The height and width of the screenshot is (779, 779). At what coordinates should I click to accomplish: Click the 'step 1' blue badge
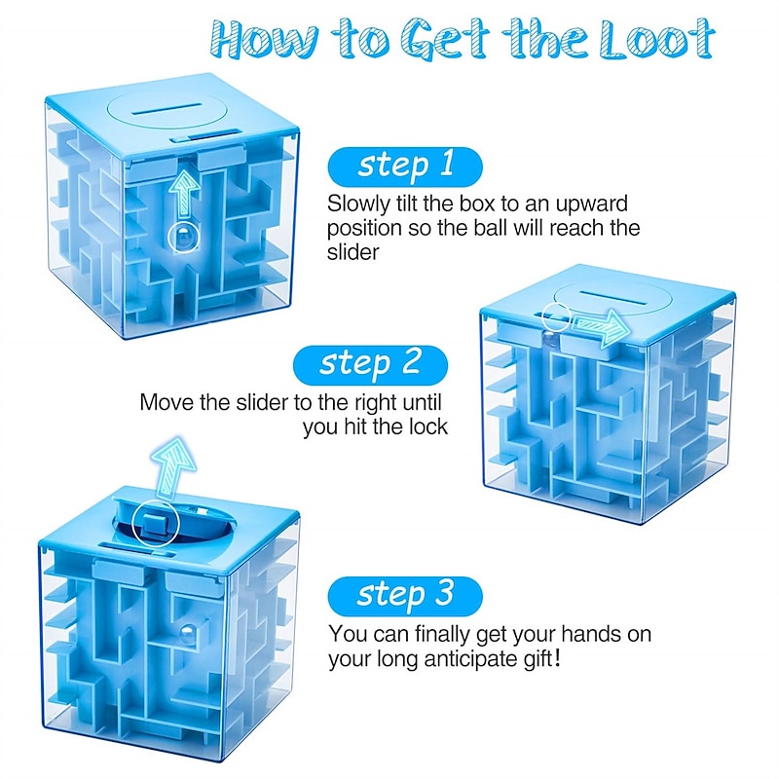point(405,167)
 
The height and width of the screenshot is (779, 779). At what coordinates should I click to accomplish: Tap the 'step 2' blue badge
point(370,365)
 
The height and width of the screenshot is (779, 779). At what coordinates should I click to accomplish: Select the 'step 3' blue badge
point(405,596)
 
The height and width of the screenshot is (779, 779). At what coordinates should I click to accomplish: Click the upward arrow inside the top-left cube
point(184,193)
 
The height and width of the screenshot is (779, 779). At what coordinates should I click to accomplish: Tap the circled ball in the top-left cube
point(183,238)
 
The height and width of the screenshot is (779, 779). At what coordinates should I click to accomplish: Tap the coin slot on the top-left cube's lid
point(166,108)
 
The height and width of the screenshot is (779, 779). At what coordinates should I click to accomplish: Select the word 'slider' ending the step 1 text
point(352,252)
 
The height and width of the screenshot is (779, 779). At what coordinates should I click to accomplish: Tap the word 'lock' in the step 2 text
point(428,427)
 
